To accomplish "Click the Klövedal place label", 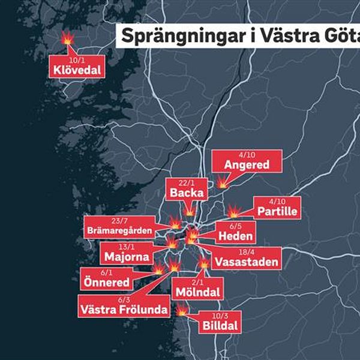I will pos(77,71).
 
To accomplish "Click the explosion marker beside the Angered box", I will pos(223,181).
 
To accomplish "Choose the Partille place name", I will pos(278,212).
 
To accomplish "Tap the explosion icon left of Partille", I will pos(234,212).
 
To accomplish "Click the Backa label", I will pos(187,193).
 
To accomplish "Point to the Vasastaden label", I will pos(246,262).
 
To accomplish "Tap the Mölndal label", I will pos(196,292).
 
